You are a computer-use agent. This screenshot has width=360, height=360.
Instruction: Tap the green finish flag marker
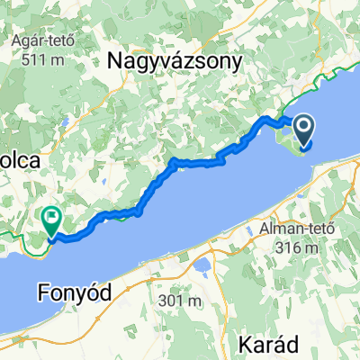51,217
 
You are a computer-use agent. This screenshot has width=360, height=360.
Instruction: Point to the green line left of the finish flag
18,235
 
